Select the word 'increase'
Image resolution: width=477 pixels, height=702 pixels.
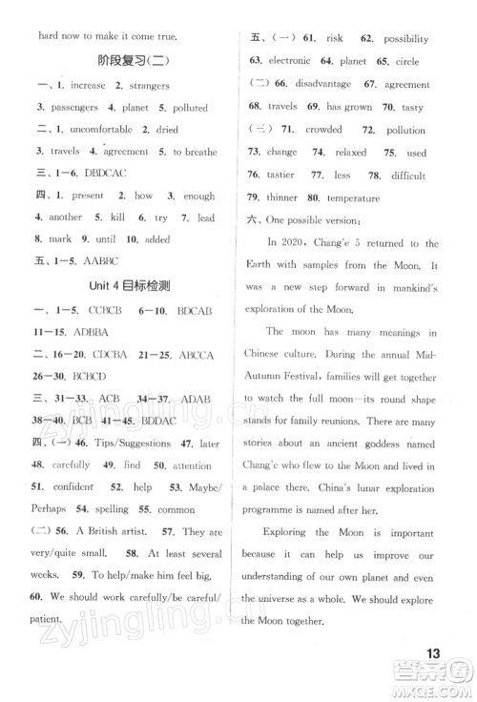(x=89, y=87)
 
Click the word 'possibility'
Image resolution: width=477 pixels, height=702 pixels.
(x=406, y=39)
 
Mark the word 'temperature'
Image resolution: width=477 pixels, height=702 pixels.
(x=352, y=197)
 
